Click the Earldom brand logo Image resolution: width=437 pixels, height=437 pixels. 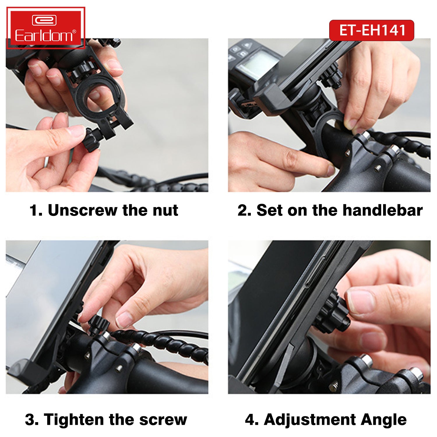coord(46,28)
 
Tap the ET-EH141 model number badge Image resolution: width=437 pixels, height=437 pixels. coord(371,30)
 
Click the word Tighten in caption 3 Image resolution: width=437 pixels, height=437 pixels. coord(75,420)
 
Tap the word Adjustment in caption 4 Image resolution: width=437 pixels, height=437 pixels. coord(310,420)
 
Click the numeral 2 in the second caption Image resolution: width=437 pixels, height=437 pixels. coord(242,210)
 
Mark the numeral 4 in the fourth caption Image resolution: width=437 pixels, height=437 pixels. coord(250,420)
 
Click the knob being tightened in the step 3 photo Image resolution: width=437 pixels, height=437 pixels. coord(98,325)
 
